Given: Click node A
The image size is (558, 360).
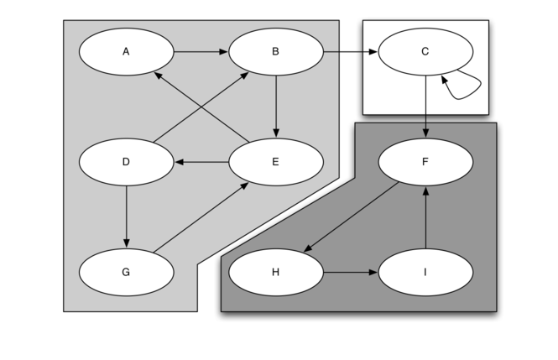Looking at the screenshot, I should pos(126,52).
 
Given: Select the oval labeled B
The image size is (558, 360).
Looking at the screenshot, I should pos(276,52).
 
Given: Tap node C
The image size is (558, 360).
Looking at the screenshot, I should pos(425,52).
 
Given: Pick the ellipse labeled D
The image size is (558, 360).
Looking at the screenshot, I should pos(126,162).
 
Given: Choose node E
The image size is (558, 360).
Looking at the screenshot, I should pos(276,162).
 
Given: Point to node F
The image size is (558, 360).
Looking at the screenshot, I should pos(425,162).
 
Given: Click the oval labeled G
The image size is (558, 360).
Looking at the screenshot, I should pos(126,272).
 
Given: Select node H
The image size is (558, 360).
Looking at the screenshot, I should pos(276,272).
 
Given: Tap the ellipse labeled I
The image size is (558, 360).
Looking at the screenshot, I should pos(425,272).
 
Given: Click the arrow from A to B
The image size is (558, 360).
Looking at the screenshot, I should pos(201,52).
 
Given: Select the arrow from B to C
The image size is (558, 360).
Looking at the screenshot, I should pos(351,52).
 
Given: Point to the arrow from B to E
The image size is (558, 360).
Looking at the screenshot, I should pos(276,107).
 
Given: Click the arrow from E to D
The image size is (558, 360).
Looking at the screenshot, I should pos(201,162).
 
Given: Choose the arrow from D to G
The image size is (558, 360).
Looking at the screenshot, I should pos(126,217).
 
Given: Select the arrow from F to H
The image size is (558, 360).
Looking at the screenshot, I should pos(351,217).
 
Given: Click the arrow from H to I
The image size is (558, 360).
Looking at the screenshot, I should pos(351,272).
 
